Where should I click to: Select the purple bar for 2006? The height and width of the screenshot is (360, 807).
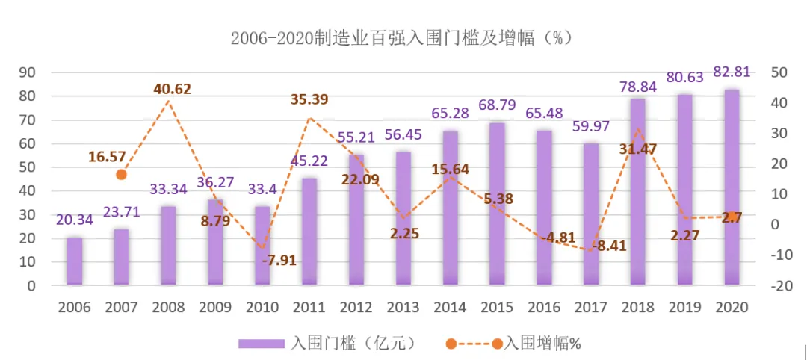click(x=75, y=261)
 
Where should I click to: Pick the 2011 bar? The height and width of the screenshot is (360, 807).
click(x=309, y=232)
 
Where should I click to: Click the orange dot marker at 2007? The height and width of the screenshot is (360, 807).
click(x=121, y=174)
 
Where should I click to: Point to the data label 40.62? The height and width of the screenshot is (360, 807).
click(x=173, y=89)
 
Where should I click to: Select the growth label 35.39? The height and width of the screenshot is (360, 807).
click(x=309, y=99)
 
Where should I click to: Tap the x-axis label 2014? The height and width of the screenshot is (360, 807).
click(x=450, y=307)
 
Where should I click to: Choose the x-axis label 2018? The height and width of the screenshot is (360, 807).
click(x=637, y=307)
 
